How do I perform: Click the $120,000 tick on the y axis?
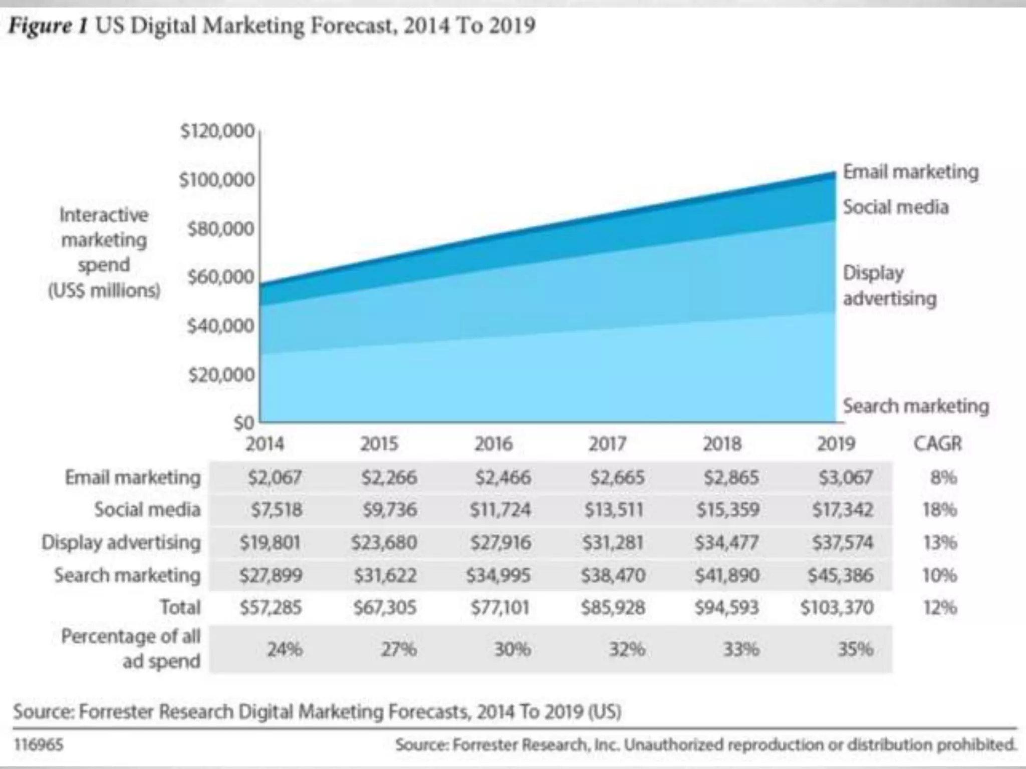pyautogui.click(x=217, y=131)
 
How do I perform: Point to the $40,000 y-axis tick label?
pyautogui.click(x=220, y=326)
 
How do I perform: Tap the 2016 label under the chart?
pyautogui.click(x=493, y=444)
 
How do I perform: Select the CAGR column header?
pyautogui.click(x=937, y=444)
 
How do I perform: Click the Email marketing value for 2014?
pyautogui.click(x=275, y=477)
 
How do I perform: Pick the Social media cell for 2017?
pyautogui.click(x=614, y=510)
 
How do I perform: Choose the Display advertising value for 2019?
pyautogui.click(x=843, y=542)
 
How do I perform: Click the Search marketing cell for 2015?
pyautogui.click(x=385, y=575)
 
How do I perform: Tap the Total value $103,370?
pyautogui.click(x=837, y=607)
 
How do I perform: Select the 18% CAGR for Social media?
pyautogui.click(x=940, y=510)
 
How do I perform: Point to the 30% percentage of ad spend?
pyautogui.click(x=512, y=649)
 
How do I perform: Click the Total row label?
pyautogui.click(x=180, y=607)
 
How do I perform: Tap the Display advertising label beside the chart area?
pyautogui.click(x=889, y=285)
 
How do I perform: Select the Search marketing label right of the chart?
pyautogui.click(x=916, y=406)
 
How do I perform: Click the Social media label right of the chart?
pyautogui.click(x=896, y=207)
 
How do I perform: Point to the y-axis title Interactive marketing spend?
pyautogui.click(x=104, y=252)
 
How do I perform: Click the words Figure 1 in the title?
pyautogui.click(x=48, y=25)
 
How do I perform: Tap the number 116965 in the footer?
pyautogui.click(x=39, y=744)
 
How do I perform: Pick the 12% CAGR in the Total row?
pyautogui.click(x=940, y=607)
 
